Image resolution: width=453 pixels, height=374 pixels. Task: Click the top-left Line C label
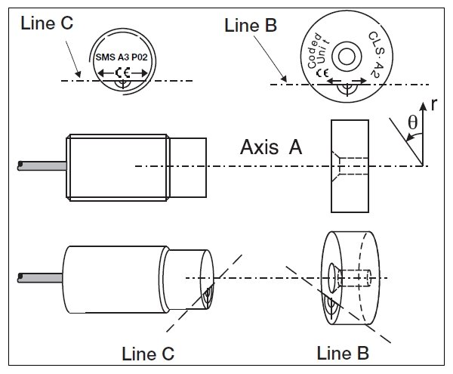coord(47,23)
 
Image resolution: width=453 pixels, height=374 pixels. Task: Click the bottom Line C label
coord(149,353)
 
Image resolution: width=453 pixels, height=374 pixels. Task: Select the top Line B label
coord(251,25)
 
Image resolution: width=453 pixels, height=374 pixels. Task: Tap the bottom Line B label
coord(344,352)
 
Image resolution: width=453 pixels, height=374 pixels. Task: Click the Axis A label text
coord(270,147)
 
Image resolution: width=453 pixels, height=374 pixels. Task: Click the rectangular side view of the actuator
coord(348,165)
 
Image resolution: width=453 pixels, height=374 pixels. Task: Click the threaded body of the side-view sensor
coord(121,165)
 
